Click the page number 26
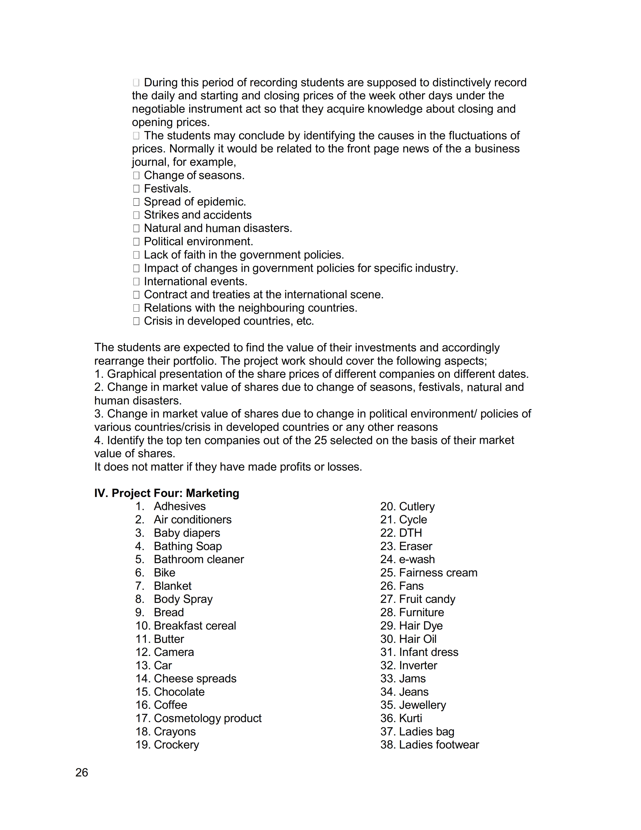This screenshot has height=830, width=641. point(82,773)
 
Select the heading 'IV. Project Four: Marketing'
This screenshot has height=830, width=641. point(167,493)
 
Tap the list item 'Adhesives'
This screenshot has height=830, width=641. point(180,506)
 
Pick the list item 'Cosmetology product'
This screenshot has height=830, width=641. point(207,718)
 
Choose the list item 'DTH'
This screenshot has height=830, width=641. point(410,533)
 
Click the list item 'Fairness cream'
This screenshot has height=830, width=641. point(438,573)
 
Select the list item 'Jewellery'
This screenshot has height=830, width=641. point(422,705)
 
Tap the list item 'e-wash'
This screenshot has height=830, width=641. point(417,559)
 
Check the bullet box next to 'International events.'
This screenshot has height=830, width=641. point(136,282)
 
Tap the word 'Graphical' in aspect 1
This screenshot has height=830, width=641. point(131,374)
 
